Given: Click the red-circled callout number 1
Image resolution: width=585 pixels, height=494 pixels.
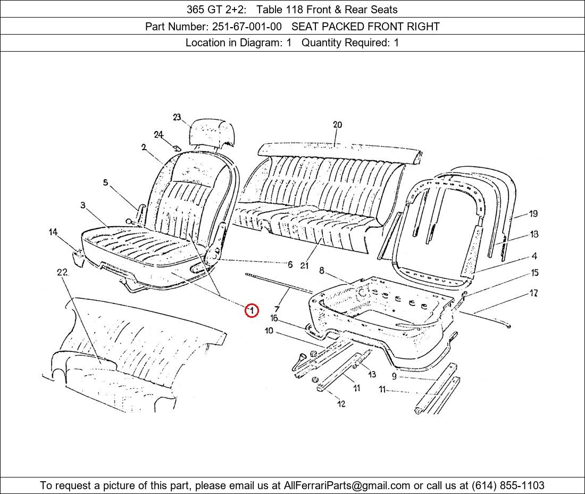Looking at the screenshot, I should [252, 310].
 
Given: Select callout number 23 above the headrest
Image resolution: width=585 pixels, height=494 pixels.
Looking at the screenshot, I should [177, 118].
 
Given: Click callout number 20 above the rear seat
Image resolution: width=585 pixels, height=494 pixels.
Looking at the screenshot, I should [337, 125].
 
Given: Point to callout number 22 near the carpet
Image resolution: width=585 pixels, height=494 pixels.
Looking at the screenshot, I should [62, 273].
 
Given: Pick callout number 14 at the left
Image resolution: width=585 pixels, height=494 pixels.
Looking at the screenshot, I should [53, 232].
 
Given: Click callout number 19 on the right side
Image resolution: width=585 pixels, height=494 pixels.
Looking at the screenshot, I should [533, 214].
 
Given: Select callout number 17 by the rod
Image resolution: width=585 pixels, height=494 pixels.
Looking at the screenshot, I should [533, 293].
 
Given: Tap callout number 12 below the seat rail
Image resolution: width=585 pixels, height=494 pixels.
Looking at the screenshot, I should [341, 404].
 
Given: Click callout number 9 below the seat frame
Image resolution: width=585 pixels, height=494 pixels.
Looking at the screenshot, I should [394, 376].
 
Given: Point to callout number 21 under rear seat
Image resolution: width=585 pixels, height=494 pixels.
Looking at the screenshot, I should [304, 265].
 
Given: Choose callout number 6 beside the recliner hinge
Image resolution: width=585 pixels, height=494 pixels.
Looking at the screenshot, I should [290, 265].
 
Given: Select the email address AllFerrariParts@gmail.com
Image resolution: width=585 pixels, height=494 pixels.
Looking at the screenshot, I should [347, 485].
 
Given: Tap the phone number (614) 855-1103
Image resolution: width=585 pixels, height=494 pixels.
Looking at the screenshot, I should [507, 485].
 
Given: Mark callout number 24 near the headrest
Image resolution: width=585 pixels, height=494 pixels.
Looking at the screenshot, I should [158, 135].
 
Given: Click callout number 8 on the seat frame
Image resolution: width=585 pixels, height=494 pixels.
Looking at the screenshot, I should [322, 271].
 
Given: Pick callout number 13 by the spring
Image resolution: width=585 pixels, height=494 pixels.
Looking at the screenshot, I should [371, 375].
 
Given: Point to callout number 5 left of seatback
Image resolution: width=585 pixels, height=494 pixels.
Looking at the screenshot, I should [105, 183].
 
